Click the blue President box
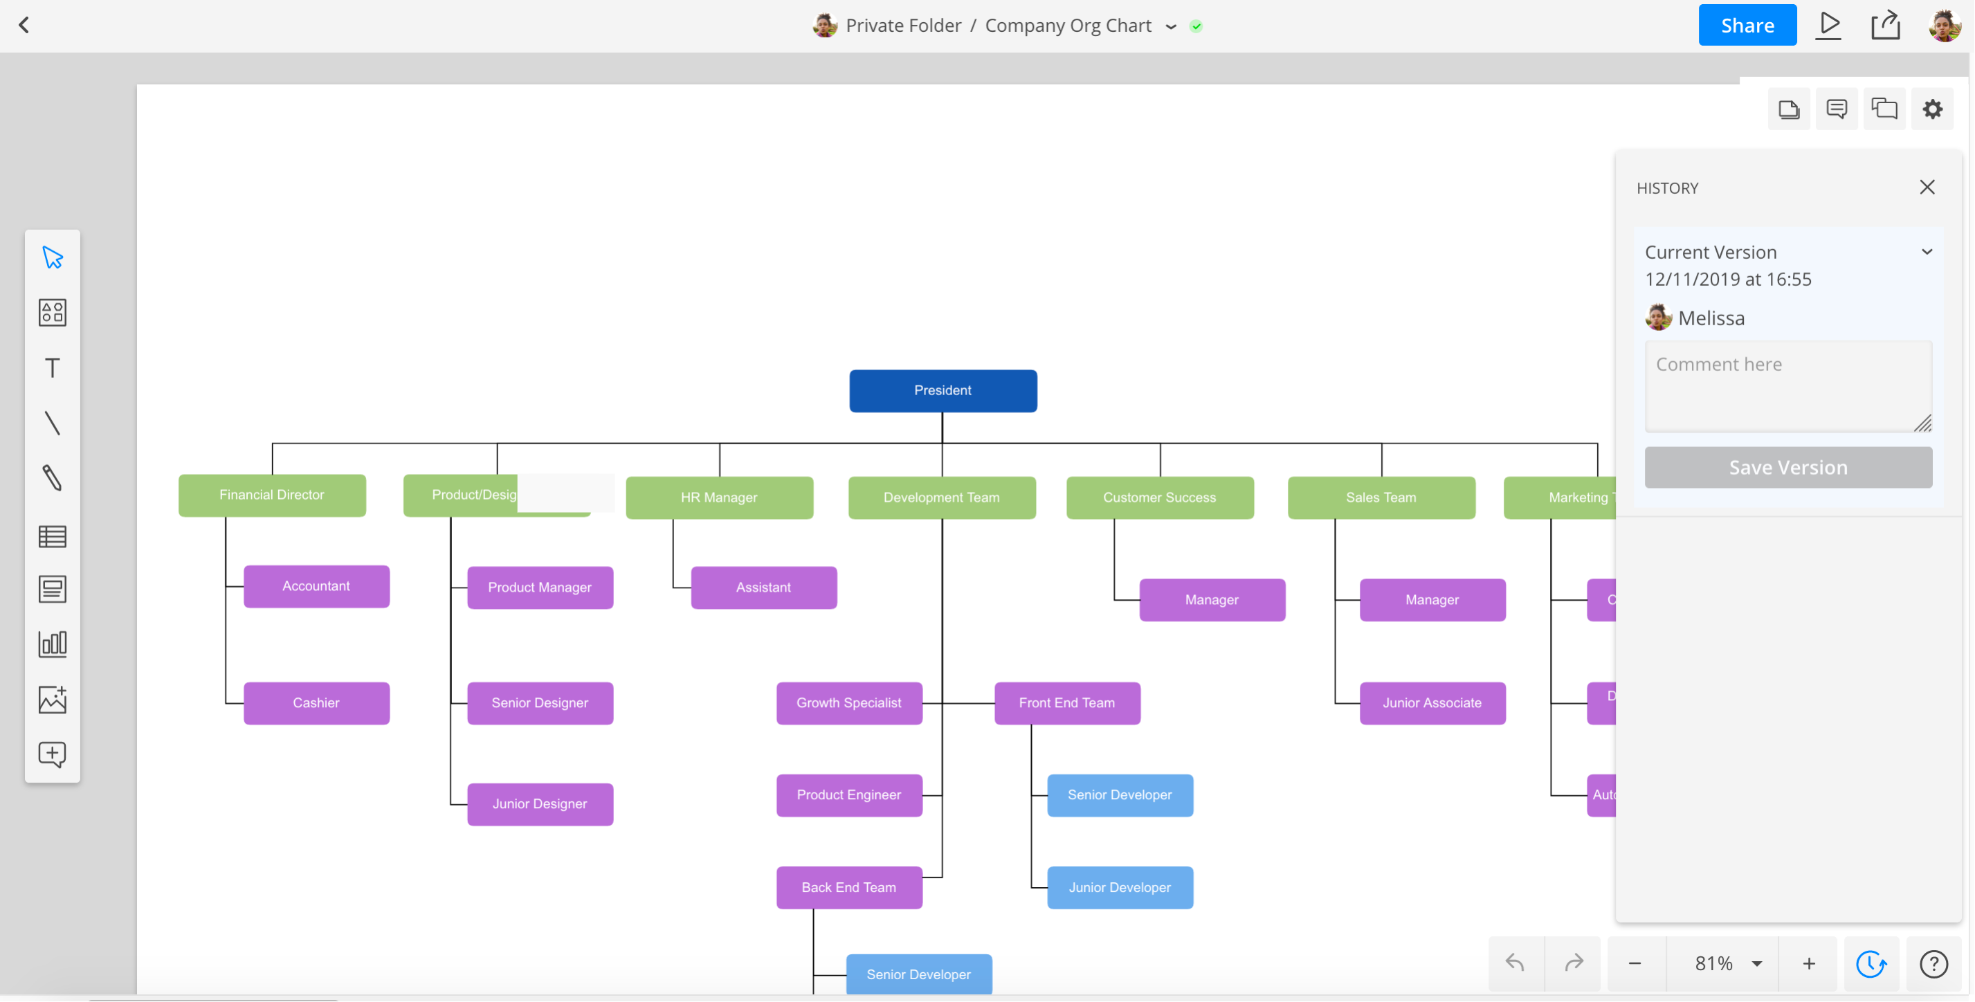943,390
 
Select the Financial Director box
271,495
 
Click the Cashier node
316,702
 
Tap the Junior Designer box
540,803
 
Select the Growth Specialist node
848,702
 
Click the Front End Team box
1066,702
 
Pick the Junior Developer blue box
1120,887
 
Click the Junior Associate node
1431,702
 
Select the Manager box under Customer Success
1212,599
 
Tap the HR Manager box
718,498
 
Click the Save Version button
1787,467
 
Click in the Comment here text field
1787,385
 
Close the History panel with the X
1926,187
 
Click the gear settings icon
1931,109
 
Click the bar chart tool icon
52,644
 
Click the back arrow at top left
24,26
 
